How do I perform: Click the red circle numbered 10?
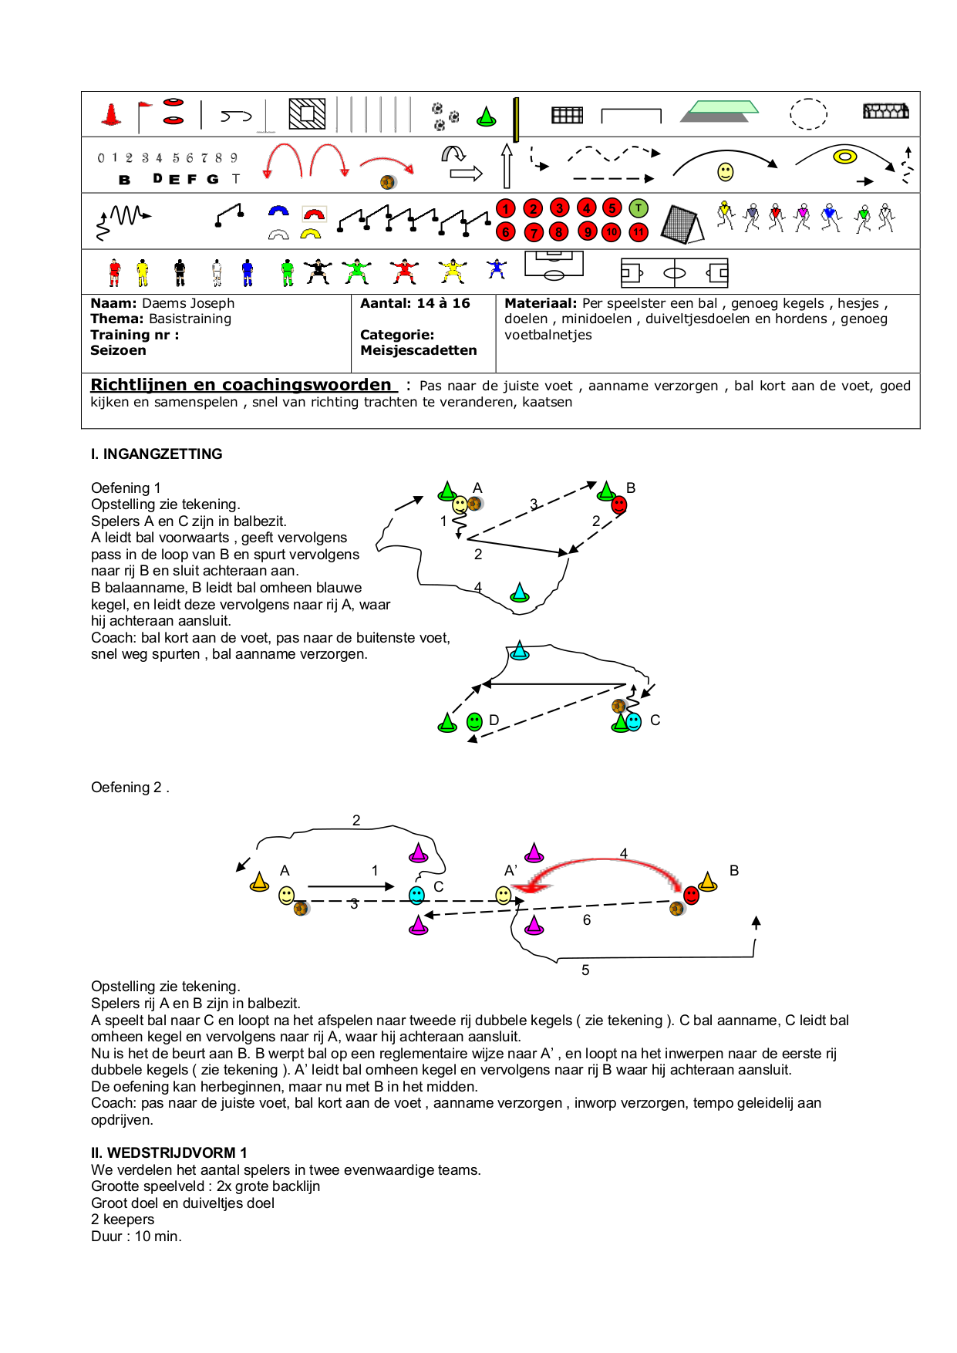[x=612, y=231]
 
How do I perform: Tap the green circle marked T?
[x=639, y=208]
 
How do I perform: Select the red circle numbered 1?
[x=506, y=208]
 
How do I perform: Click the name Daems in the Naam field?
[x=163, y=303]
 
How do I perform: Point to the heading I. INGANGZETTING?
[x=157, y=454]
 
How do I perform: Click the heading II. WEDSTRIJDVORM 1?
[x=169, y=1152]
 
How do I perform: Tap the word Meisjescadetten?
[x=418, y=350]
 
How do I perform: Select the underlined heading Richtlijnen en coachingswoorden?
[x=241, y=384]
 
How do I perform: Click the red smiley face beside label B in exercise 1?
[x=619, y=505]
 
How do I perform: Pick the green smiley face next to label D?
[x=475, y=721]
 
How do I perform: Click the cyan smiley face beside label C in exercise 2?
[x=416, y=895]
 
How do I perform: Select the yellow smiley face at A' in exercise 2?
[x=504, y=895]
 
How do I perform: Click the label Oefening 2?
[x=128, y=787]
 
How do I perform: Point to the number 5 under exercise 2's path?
[x=585, y=970]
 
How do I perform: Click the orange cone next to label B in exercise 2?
[x=708, y=881]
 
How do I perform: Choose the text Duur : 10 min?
[x=136, y=1236]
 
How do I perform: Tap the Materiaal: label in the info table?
[x=540, y=303]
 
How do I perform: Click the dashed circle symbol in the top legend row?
[x=808, y=114]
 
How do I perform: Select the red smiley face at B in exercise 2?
[x=692, y=895]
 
